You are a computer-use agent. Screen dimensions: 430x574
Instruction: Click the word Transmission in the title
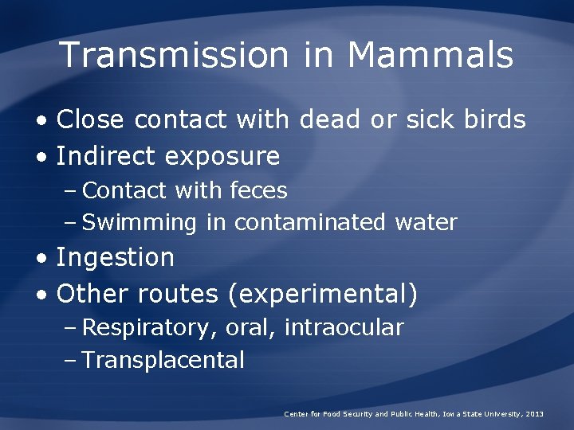[174, 55]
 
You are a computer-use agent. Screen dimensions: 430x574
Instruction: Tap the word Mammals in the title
[431, 55]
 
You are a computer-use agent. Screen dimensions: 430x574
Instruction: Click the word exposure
[222, 156]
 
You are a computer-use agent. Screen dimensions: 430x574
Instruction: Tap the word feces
[258, 191]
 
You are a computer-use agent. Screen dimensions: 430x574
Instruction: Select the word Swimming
[140, 223]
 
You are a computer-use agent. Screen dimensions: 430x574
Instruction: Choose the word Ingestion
[115, 258]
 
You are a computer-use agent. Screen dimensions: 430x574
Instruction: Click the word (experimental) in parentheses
[322, 294]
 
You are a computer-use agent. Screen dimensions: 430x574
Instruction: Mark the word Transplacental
[163, 360]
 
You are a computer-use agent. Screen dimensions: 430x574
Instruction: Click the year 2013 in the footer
[535, 415]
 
